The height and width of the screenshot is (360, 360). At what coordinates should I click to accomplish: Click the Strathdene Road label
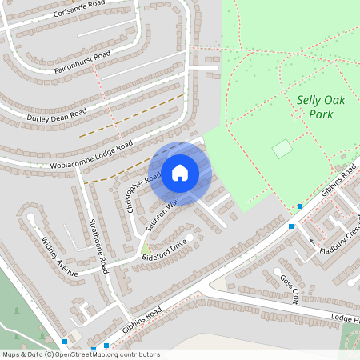[x=98, y=245]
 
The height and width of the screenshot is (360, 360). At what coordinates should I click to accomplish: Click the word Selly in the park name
[x=309, y=101]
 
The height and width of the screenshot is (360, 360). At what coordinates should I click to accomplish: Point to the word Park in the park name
[x=322, y=114]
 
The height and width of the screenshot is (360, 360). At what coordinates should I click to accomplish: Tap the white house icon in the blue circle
[x=180, y=173]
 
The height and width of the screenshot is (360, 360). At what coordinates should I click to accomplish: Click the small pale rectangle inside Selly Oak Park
[x=282, y=149]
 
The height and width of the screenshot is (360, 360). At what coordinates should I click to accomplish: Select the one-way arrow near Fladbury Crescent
[x=312, y=241]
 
